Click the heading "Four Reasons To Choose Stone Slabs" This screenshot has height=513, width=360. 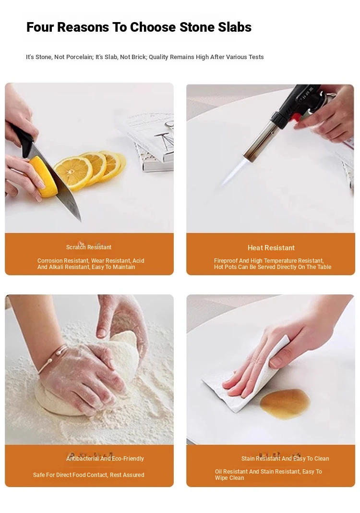(139, 27)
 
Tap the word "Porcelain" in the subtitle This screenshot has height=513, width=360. (80, 57)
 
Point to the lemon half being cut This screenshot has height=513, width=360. (43, 177)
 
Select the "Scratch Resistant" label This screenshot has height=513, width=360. (89, 247)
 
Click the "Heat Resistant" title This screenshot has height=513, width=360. (271, 248)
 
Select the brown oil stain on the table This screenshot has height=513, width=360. (285, 404)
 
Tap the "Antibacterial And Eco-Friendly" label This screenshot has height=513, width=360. (105, 458)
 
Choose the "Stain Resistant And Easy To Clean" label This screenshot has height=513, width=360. (285, 458)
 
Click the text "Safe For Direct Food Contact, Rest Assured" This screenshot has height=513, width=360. (89, 475)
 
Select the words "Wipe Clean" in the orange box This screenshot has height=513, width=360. (229, 477)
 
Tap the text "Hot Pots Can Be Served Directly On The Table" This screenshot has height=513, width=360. (273, 267)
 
